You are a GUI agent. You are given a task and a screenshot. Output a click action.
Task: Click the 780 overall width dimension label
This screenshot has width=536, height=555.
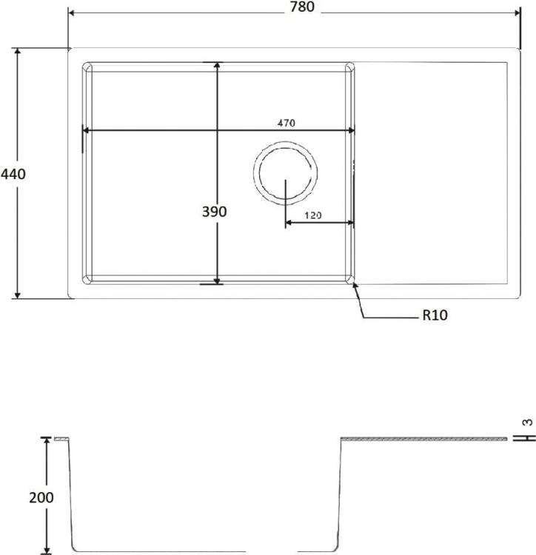click(302, 7)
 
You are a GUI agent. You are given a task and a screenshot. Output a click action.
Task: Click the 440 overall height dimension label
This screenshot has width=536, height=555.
click(13, 174)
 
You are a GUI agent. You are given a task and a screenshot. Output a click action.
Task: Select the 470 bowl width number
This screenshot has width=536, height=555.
click(286, 123)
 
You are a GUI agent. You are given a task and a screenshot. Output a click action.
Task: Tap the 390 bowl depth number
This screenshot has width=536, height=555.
click(214, 212)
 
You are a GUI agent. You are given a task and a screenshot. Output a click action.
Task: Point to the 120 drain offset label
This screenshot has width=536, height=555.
click(313, 215)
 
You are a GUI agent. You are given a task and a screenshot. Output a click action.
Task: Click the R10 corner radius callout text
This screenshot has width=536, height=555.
click(435, 314)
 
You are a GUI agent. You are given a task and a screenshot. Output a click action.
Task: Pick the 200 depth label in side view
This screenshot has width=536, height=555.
click(41, 498)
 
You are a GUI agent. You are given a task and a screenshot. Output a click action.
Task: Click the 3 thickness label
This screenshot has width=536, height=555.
click(528, 423)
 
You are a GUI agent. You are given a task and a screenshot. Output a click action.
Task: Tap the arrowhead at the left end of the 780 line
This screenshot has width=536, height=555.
click(71, 13)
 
